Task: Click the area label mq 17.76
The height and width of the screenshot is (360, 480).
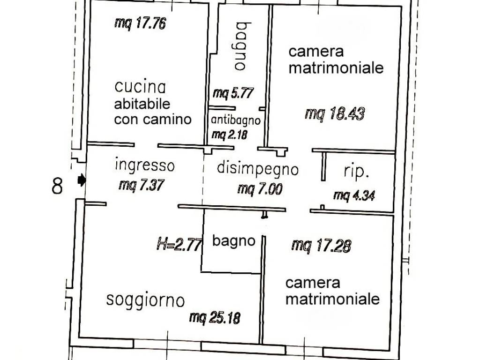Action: click(x=140, y=23)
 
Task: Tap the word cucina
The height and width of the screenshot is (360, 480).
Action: click(x=140, y=87)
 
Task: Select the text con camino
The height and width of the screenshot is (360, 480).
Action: click(x=153, y=119)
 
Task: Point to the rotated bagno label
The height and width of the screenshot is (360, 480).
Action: click(x=241, y=46)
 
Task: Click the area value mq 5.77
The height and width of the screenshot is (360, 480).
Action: click(x=232, y=93)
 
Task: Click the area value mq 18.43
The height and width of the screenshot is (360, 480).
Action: click(x=334, y=114)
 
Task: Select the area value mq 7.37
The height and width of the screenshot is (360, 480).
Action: click(x=141, y=186)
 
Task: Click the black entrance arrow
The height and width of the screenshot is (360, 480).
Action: click(x=82, y=180)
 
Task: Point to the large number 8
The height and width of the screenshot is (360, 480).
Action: click(x=57, y=187)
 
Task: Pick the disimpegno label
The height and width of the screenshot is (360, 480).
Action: click(x=257, y=168)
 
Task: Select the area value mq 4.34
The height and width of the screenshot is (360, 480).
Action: click(x=353, y=196)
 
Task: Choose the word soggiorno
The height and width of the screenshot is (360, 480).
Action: click(x=145, y=300)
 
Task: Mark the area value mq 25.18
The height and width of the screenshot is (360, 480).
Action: click(x=215, y=318)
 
